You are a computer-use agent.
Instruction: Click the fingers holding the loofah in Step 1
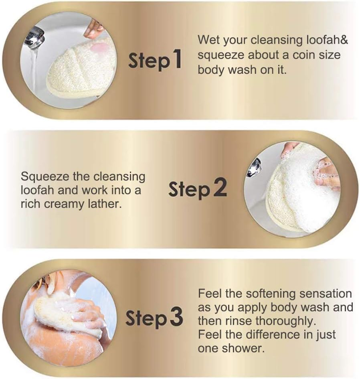pos(95,28)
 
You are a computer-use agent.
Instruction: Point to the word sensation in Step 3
pos(326,294)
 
